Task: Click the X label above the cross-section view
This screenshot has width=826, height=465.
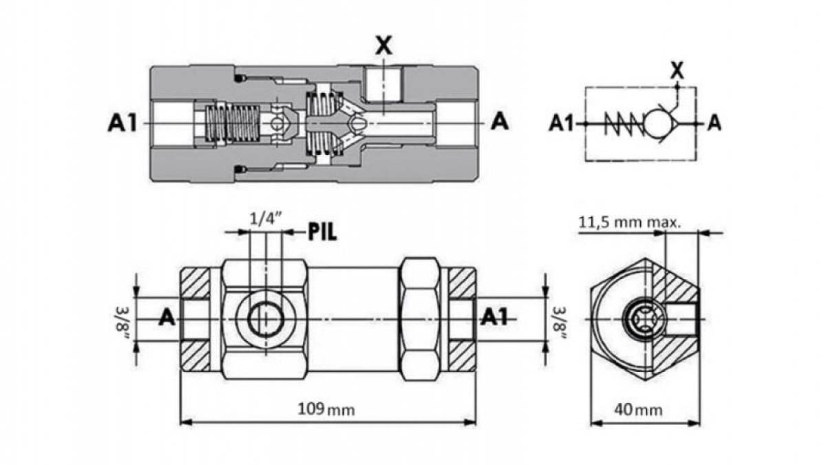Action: pos(383,46)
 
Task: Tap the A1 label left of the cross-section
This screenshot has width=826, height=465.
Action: pos(121,123)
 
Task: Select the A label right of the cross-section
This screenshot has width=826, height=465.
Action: pos(500,123)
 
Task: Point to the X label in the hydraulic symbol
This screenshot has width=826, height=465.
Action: pos(677,70)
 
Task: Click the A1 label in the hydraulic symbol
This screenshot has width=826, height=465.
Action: pos(562,124)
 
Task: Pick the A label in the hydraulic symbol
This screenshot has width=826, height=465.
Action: pos(714,124)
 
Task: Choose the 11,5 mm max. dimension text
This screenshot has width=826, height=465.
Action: pos(629,223)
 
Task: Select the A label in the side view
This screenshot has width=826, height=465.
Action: pos(166,318)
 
